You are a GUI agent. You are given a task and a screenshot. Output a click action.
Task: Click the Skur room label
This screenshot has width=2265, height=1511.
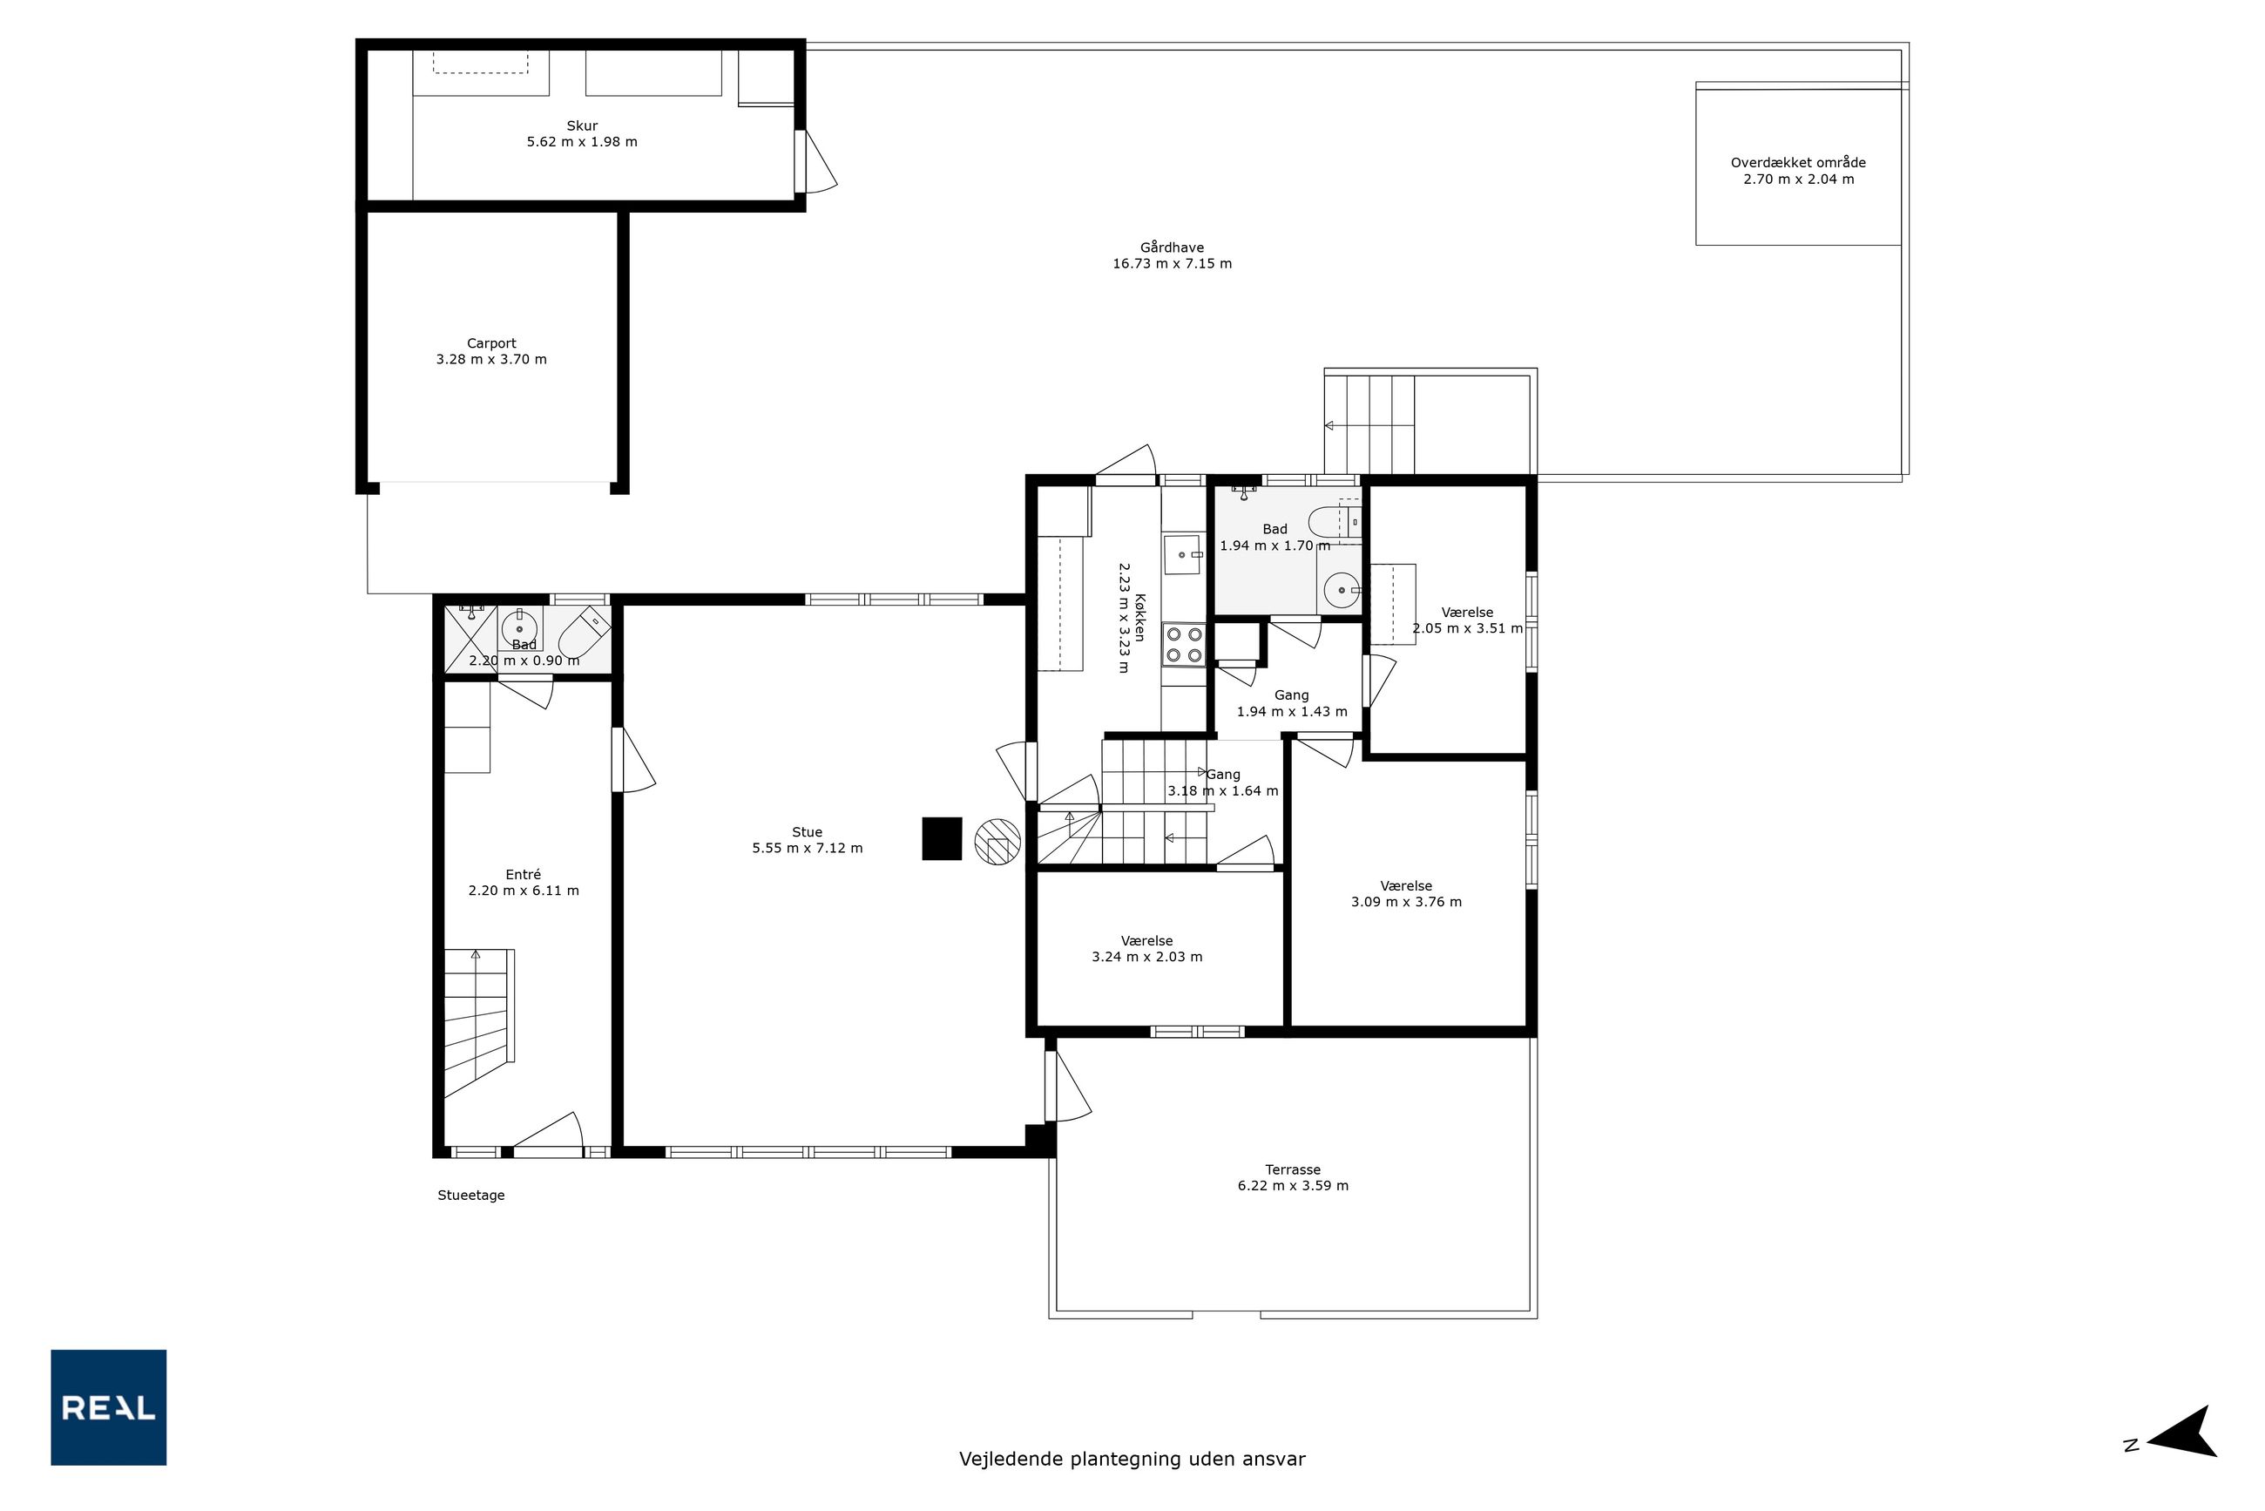click(x=582, y=125)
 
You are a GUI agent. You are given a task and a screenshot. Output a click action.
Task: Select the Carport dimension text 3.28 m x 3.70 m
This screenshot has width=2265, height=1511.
click(x=491, y=359)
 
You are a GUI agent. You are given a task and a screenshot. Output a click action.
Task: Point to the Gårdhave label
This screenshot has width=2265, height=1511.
click(x=1172, y=247)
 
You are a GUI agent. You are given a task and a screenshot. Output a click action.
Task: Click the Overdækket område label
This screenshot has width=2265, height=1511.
click(x=1798, y=163)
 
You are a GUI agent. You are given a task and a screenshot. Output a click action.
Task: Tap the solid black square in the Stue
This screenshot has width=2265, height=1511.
click(x=943, y=838)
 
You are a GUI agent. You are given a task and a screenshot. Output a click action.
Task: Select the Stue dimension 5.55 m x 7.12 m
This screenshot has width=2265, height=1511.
click(x=808, y=848)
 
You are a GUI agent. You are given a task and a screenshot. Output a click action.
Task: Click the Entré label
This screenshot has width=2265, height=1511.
click(x=524, y=874)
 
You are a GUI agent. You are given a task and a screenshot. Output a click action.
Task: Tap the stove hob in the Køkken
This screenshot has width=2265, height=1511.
click(x=1184, y=645)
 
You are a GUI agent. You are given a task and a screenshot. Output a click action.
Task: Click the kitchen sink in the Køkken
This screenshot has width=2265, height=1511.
click(x=1182, y=555)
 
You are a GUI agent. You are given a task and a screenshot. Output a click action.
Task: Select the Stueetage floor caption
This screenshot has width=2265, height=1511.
click(x=471, y=1195)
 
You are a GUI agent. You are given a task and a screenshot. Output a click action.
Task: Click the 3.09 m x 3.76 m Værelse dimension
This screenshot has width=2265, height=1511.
click(x=1406, y=902)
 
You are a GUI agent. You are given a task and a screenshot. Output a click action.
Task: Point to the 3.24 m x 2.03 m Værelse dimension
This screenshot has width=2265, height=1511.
click(x=1146, y=957)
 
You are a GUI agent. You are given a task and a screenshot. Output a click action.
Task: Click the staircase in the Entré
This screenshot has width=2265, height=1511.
click(x=478, y=1022)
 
